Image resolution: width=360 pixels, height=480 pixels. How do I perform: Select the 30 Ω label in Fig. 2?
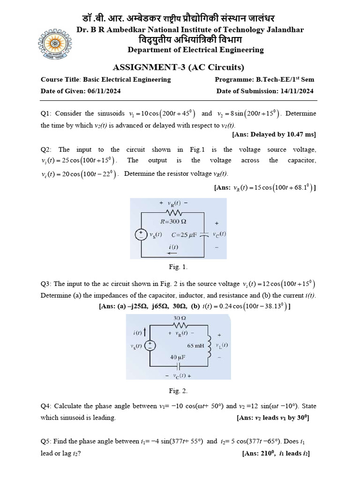(180, 318)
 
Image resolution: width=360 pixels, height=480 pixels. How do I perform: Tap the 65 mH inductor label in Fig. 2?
(196, 345)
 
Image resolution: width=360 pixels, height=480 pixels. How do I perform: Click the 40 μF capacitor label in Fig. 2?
(178, 357)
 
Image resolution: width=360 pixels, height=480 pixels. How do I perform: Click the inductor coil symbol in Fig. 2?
(209, 345)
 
